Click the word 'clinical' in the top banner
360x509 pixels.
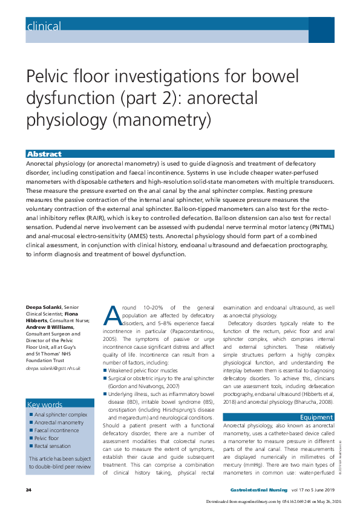click(x=44, y=26)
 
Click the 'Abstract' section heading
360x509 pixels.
click(x=45, y=154)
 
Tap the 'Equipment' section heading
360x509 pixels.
click(x=316, y=417)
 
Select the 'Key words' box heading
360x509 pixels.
click(x=45, y=404)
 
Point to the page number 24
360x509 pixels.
click(x=28, y=488)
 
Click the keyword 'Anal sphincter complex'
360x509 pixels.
click(x=61, y=415)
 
